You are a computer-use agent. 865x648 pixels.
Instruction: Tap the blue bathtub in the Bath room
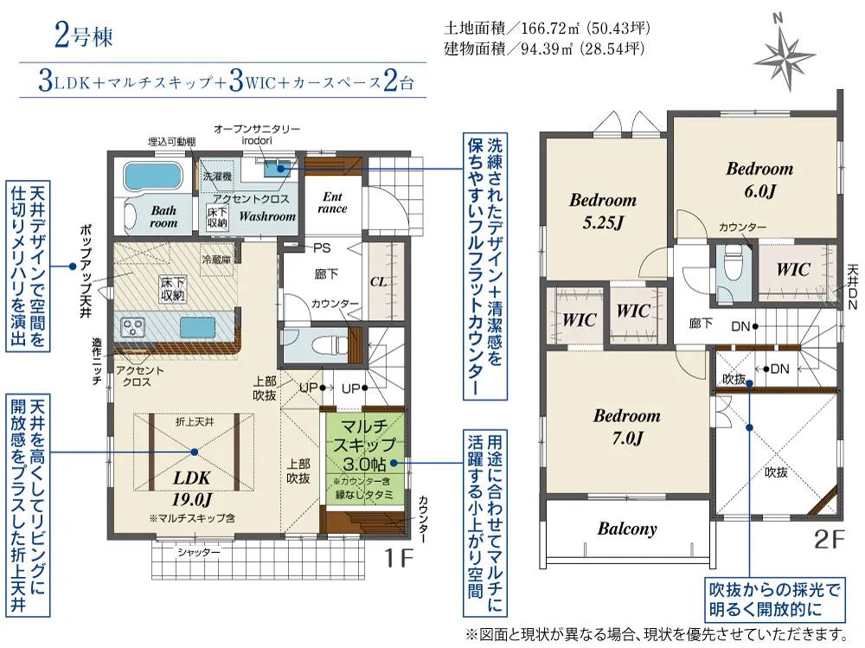(x=153, y=176)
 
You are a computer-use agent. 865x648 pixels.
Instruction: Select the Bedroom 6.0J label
(x=759, y=179)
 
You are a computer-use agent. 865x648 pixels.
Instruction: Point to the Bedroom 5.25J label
(x=603, y=211)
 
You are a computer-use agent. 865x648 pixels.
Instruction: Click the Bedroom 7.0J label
(x=626, y=427)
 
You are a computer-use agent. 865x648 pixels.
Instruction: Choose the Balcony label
(x=627, y=529)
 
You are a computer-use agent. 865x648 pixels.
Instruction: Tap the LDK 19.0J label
(x=192, y=489)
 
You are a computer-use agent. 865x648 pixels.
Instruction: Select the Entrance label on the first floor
(x=332, y=202)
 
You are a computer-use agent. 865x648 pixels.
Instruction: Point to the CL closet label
(x=379, y=282)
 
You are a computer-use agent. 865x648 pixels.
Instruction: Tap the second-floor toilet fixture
(x=734, y=265)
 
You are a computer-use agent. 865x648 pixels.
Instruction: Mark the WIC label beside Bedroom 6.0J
(x=793, y=270)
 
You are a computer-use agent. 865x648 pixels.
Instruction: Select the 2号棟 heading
(x=83, y=35)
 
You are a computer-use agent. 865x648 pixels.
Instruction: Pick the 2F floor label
(x=830, y=539)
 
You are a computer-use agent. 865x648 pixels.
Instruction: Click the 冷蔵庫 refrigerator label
(x=216, y=259)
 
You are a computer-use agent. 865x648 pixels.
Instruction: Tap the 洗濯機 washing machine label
(x=217, y=176)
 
